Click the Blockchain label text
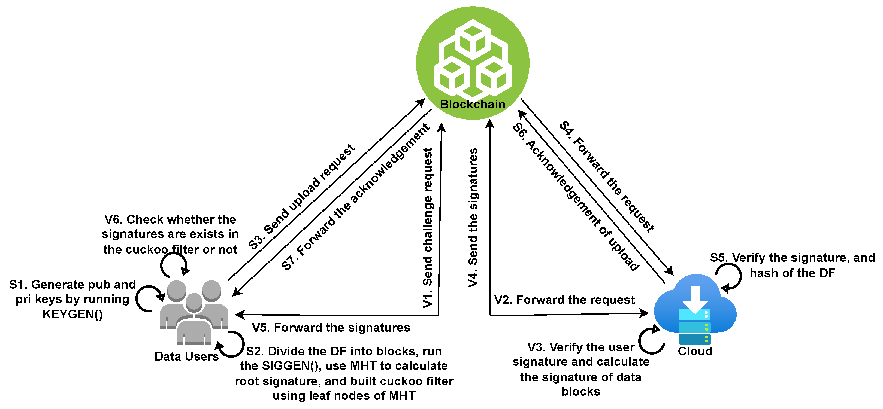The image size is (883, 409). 472,104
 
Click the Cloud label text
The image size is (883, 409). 695,351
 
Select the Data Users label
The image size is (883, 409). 186,356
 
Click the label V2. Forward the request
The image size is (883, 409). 564,300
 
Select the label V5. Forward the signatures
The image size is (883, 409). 331,328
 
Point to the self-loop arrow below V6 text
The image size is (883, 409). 174,265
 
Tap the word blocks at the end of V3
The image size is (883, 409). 581,392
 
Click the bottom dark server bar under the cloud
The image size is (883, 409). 694,339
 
